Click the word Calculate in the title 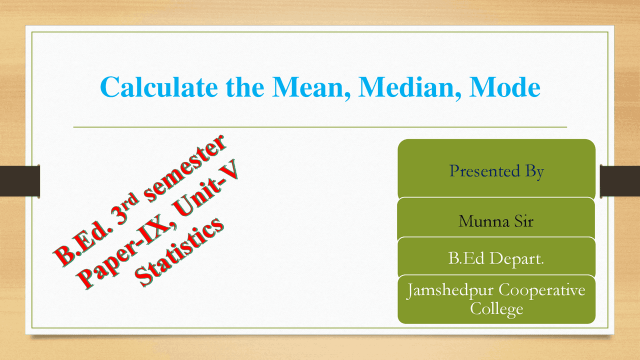click(x=159, y=87)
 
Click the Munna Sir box click(x=496, y=220)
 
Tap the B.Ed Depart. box click(x=496, y=258)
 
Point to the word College click(x=496, y=308)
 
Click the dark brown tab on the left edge click(x=20, y=180)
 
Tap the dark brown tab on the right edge click(x=619, y=180)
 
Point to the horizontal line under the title click(x=320, y=127)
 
